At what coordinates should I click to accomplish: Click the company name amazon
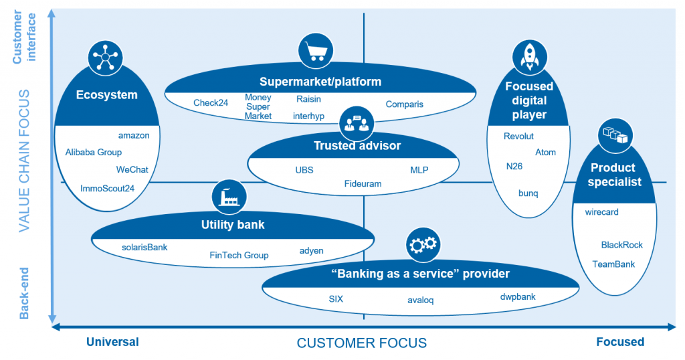(134, 135)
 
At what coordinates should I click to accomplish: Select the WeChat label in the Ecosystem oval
(132, 169)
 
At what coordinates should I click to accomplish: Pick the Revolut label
(518, 136)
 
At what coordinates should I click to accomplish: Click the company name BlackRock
(621, 245)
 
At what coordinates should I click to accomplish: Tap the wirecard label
(601, 212)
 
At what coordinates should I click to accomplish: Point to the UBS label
(304, 170)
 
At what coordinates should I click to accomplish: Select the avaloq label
(420, 300)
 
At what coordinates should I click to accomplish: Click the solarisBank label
(144, 247)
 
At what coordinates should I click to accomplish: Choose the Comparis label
(404, 104)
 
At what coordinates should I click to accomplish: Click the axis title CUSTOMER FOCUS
(361, 343)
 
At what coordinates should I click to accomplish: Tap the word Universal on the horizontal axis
(112, 342)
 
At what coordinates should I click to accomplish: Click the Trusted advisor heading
(357, 145)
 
